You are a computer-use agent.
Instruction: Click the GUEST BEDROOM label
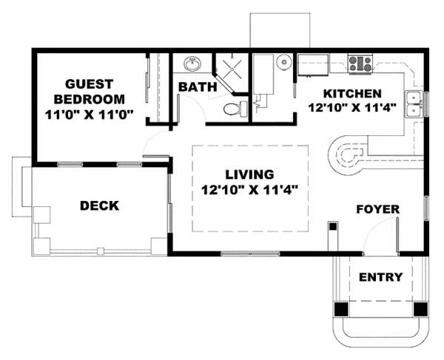[90, 92]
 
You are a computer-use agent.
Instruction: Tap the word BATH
[198, 86]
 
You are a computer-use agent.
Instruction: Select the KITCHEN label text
[352, 94]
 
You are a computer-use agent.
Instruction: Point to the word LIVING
[249, 174]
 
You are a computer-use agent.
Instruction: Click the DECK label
[99, 206]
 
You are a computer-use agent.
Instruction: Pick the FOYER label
[377, 209]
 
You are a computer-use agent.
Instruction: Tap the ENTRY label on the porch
[380, 277]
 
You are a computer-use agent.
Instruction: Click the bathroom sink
[192, 64]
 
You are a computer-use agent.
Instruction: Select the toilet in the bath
[235, 109]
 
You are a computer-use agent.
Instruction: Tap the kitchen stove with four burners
[360, 64]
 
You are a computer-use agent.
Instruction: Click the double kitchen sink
[414, 104]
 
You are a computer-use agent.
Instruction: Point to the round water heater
[284, 61]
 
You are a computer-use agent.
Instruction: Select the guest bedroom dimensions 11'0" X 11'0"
[90, 115]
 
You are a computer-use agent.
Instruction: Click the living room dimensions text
[249, 190]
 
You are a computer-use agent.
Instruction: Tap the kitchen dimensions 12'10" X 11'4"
[351, 107]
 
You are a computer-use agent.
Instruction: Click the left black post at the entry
[341, 309]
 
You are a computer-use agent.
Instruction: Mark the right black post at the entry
[420, 309]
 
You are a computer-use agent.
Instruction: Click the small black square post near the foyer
[333, 226]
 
